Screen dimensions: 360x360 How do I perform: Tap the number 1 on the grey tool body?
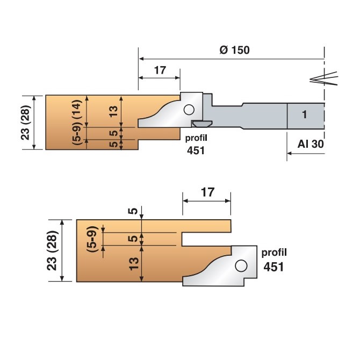tap(304, 114)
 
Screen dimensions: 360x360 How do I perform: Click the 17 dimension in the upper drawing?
tap(159, 70)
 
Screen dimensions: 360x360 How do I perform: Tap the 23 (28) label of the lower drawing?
tap(53, 250)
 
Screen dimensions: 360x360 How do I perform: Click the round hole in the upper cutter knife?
tap(188, 110)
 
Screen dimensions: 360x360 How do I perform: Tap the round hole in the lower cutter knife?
tap(240, 265)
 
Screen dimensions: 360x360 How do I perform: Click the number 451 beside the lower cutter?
tap(273, 267)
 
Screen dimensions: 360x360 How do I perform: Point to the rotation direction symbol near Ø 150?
tap(325, 78)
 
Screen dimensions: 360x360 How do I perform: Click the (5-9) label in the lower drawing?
tap(92, 237)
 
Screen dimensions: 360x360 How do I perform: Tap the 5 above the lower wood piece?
tap(133, 211)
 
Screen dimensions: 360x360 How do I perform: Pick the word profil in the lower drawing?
tap(274, 252)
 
